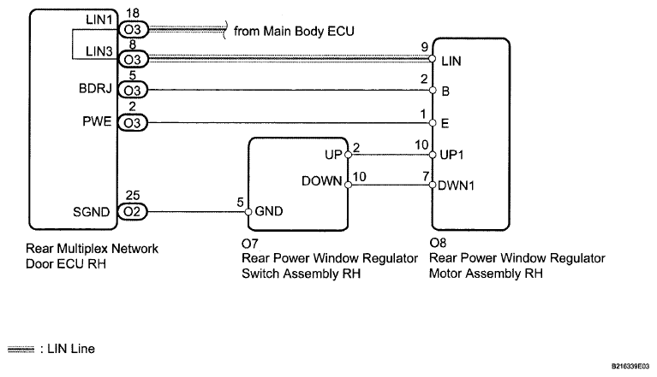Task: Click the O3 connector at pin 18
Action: [133, 30]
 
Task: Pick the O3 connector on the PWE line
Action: [133, 122]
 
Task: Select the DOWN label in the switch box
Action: [321, 181]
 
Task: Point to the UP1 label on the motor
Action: [455, 155]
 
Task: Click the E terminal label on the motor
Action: [445, 122]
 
